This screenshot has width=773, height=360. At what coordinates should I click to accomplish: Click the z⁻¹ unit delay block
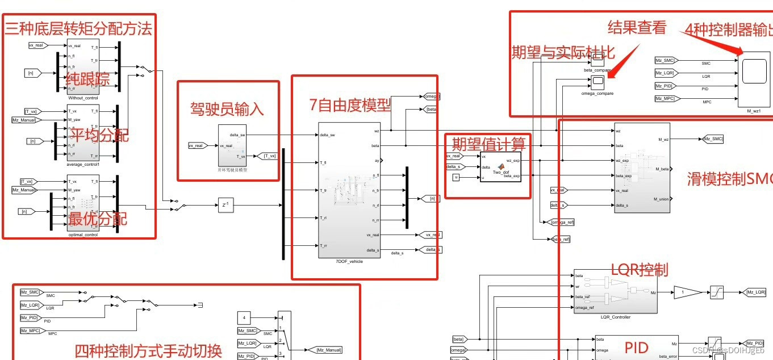(225, 205)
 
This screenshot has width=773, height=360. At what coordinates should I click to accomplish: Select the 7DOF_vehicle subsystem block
(348, 190)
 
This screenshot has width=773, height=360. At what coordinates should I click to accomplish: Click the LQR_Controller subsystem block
(616, 292)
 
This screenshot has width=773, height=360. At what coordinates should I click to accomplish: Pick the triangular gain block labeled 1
(687, 292)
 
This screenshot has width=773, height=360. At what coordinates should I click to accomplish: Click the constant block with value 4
(244, 317)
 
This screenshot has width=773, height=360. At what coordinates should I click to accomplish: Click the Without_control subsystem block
(83, 66)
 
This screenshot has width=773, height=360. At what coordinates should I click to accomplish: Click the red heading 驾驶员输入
(227, 109)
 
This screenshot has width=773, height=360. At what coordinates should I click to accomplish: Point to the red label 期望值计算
(488, 143)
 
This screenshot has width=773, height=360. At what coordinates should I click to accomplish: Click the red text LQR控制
(639, 269)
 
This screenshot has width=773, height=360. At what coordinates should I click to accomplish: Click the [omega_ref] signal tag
(562, 222)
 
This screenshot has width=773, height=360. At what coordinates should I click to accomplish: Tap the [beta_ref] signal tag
(561, 240)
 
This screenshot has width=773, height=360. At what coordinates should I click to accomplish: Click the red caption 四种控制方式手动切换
(148, 350)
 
